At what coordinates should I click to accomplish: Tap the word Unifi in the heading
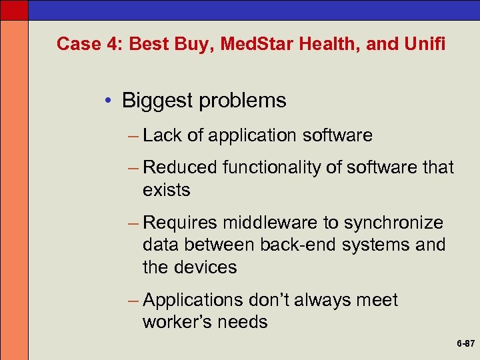pos(425,44)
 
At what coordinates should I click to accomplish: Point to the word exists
pos(166,190)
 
